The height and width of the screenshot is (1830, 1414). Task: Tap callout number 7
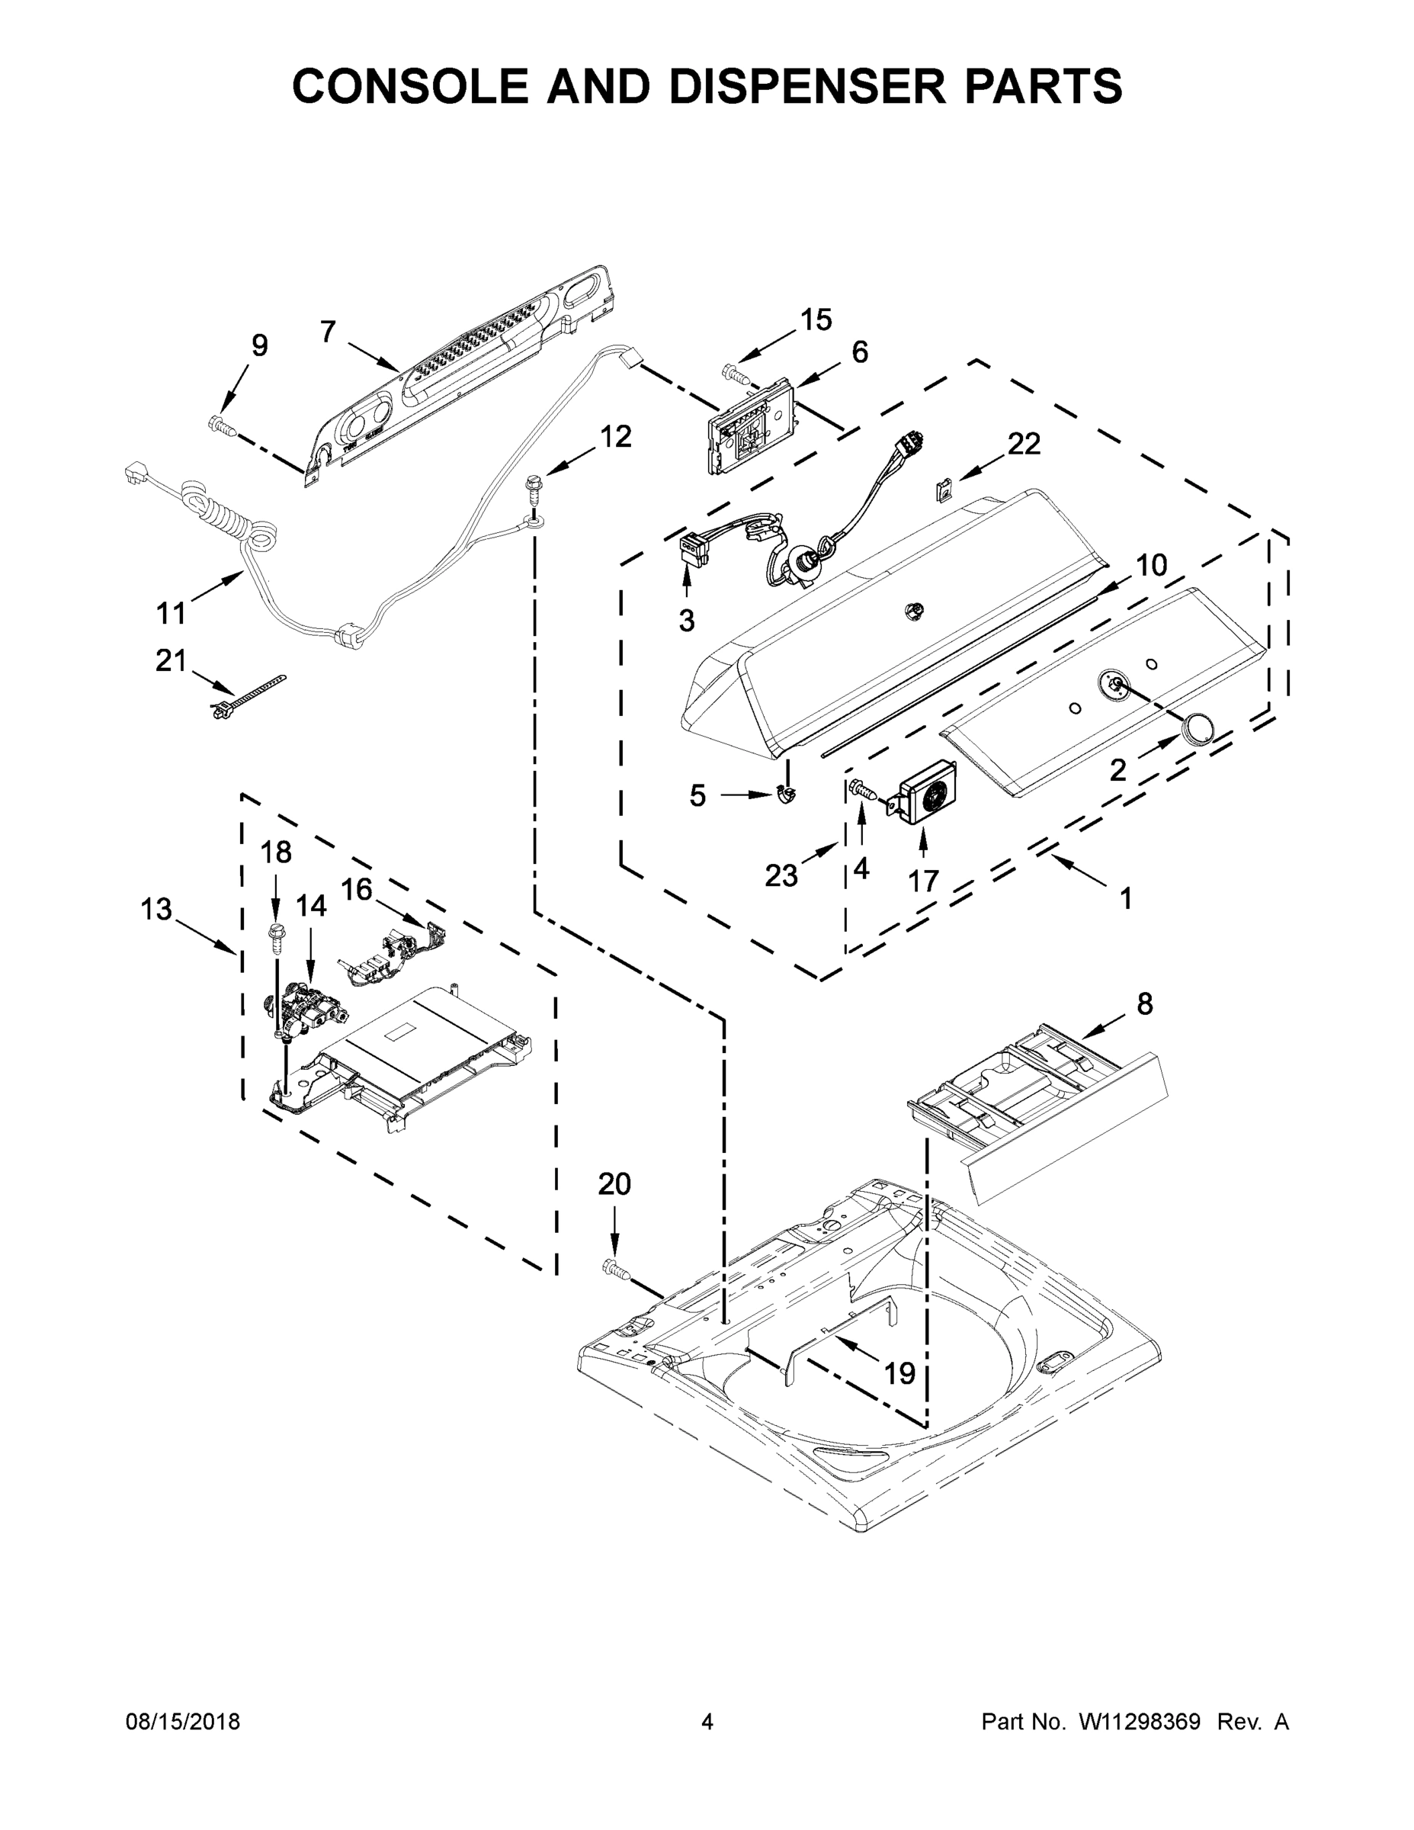[328, 332]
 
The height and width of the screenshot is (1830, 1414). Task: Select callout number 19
[900, 1372]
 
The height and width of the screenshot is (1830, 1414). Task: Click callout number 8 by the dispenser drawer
[1143, 1003]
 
